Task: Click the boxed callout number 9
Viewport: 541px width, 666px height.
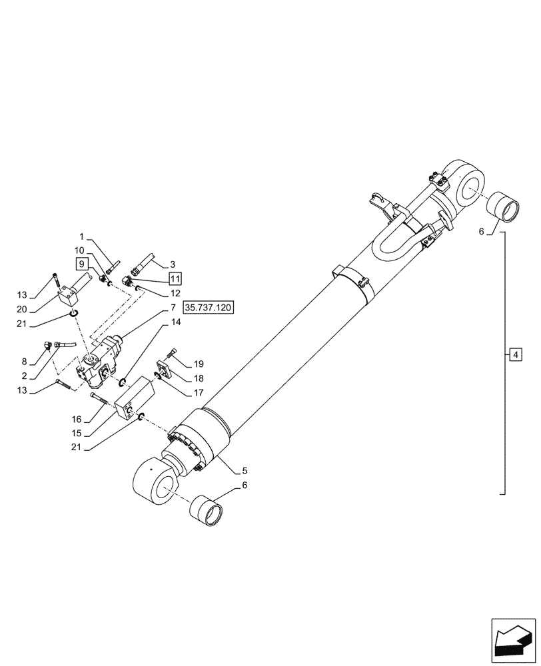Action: click(81, 263)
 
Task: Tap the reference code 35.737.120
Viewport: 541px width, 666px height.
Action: click(210, 308)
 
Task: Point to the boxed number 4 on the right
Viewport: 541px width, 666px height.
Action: click(515, 354)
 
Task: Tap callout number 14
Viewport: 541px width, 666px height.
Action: click(175, 322)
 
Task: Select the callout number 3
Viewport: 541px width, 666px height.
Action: click(172, 264)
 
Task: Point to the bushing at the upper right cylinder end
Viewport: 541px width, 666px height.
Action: click(504, 206)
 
